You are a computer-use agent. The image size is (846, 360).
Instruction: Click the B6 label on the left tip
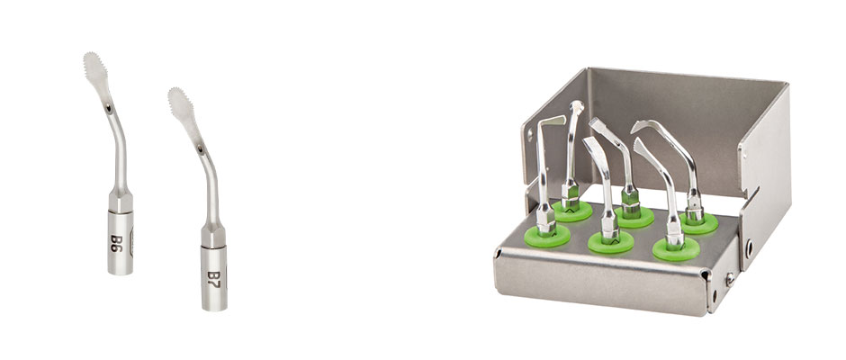(x=117, y=243)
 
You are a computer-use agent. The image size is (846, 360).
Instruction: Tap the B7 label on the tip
(x=214, y=280)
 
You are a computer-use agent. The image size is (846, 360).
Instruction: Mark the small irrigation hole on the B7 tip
(x=201, y=147)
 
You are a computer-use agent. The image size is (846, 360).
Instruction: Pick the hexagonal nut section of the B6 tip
(x=121, y=202)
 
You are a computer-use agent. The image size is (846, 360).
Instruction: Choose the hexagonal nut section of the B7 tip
(x=213, y=236)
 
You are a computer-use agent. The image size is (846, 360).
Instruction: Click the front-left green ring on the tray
(x=547, y=236)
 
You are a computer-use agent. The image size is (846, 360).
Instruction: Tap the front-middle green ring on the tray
(x=611, y=242)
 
